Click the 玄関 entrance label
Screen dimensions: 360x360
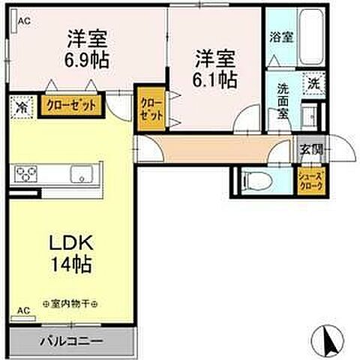coord(310,148)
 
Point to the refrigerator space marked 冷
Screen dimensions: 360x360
coord(21,106)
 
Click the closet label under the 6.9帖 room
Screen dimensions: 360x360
coord(71,106)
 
